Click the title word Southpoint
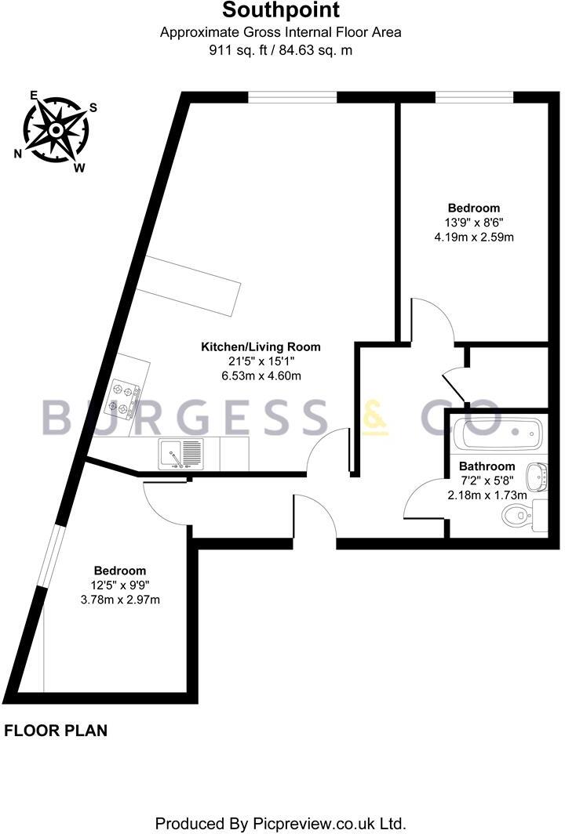pos(281,11)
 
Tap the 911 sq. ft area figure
pos(235,49)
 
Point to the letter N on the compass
pos(18,154)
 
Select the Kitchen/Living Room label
pos(261,346)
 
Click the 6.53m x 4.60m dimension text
pos(261,375)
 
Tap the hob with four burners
pos(126,397)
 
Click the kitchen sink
pos(180,454)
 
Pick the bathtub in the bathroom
pos(499,433)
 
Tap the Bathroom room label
pos(487,466)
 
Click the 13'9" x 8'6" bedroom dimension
pos(473,222)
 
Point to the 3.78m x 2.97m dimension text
pos(120,600)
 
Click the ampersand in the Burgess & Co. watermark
pos(375,418)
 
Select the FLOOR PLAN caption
pos(56,731)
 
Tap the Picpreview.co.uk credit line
pos(281,823)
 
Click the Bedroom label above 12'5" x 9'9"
pos(120,571)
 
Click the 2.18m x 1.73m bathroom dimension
pos(487,495)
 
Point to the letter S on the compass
pos(93,108)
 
